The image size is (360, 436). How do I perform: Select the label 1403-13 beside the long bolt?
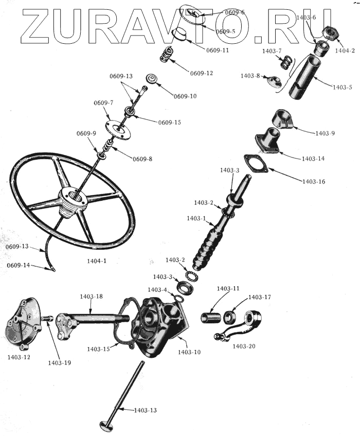pos(145,410)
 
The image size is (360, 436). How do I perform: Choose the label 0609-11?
pos(218,50)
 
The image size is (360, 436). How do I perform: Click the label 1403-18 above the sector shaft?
pos(91,297)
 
